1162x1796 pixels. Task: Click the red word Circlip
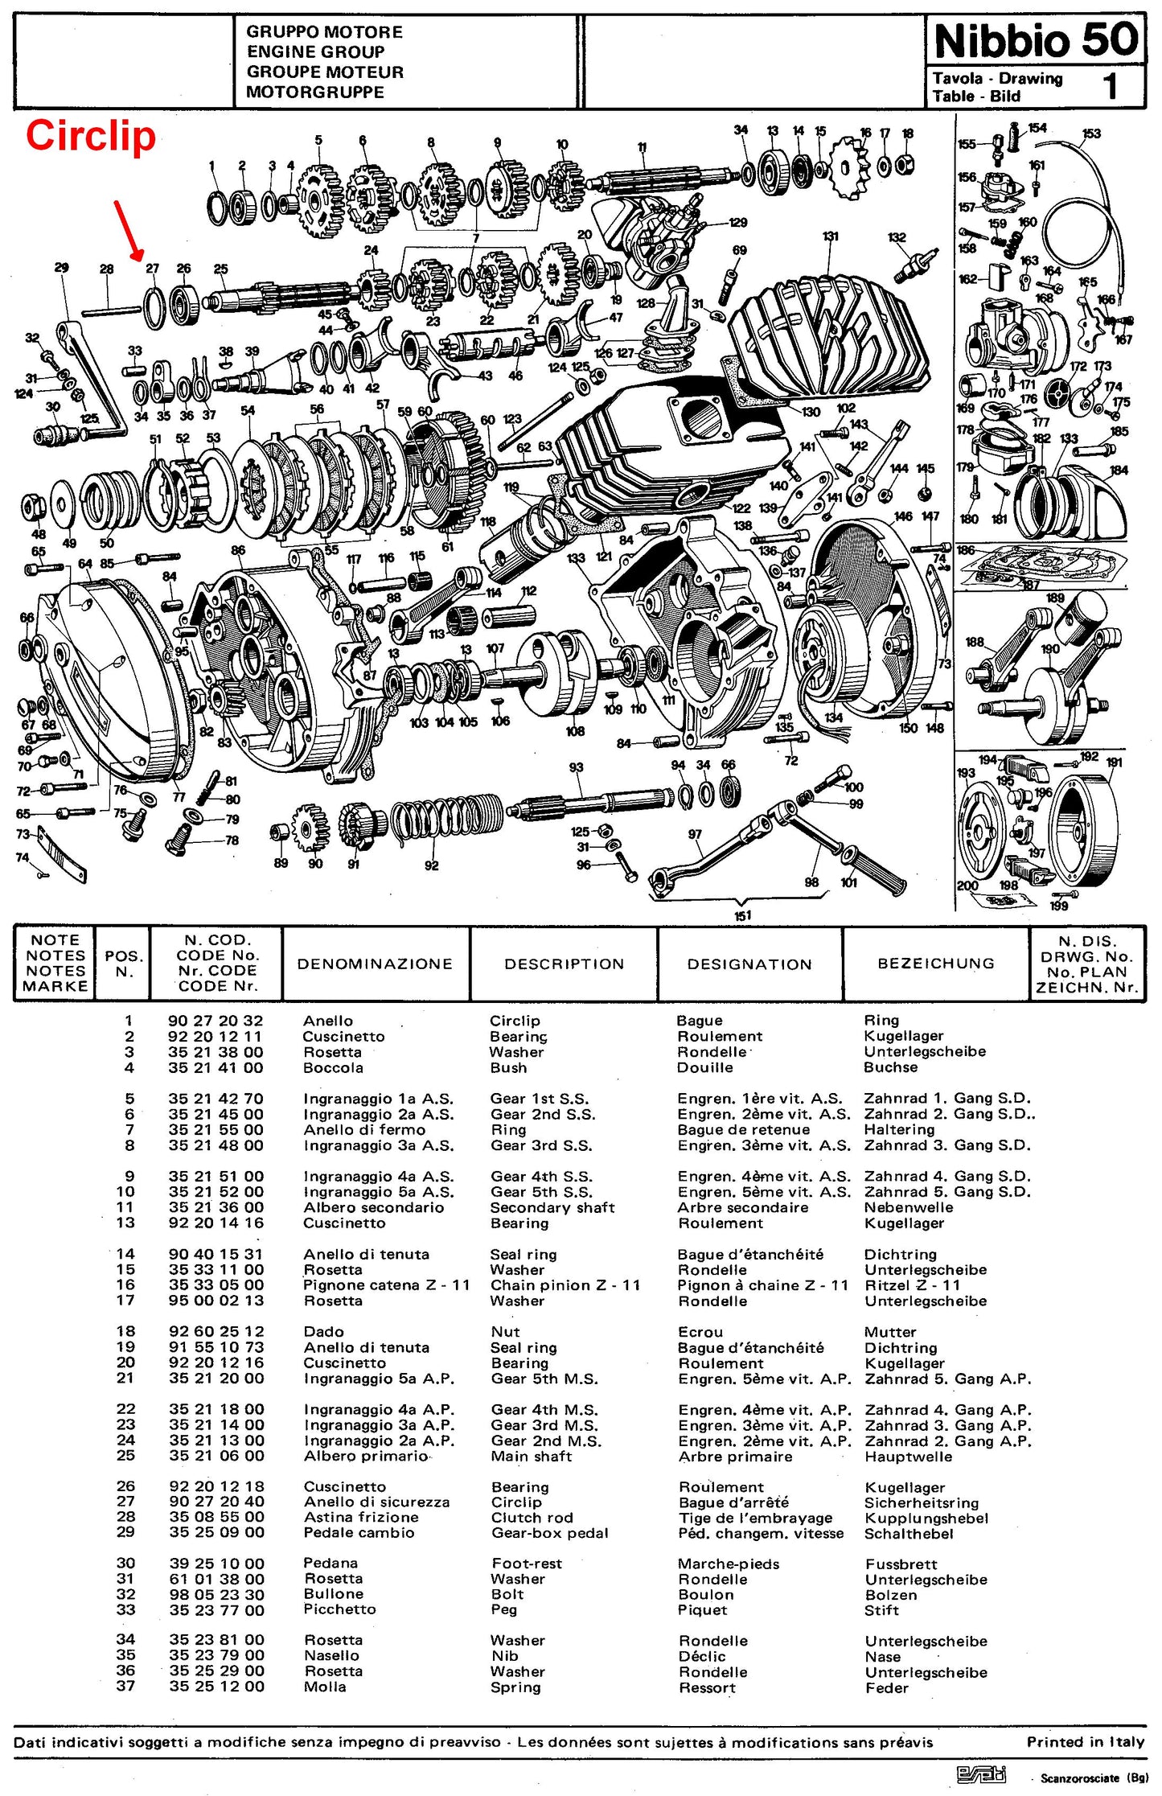tap(91, 136)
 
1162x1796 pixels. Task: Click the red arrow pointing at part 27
tap(129, 231)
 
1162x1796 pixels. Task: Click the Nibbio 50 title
tap(1037, 39)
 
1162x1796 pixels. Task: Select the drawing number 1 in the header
tap(1111, 86)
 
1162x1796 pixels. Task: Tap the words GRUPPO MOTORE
tap(324, 32)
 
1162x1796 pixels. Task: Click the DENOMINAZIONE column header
tap(375, 964)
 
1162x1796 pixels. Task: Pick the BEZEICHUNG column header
tap(936, 964)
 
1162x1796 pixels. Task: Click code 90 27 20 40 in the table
tap(216, 1502)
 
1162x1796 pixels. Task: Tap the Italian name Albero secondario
tap(374, 1207)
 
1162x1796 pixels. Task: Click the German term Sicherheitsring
tap(922, 1502)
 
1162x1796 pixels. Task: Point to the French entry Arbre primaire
tap(736, 1457)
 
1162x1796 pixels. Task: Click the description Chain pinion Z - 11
tap(565, 1285)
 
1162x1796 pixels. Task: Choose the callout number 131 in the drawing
tap(831, 236)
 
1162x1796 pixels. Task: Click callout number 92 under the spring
tap(432, 865)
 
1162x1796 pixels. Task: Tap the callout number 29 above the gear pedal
tap(61, 268)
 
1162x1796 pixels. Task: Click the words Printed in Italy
tap(1086, 1742)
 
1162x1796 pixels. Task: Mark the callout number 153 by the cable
tap(1091, 134)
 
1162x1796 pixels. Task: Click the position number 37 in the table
tap(125, 1687)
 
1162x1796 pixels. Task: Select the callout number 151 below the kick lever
tap(743, 915)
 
